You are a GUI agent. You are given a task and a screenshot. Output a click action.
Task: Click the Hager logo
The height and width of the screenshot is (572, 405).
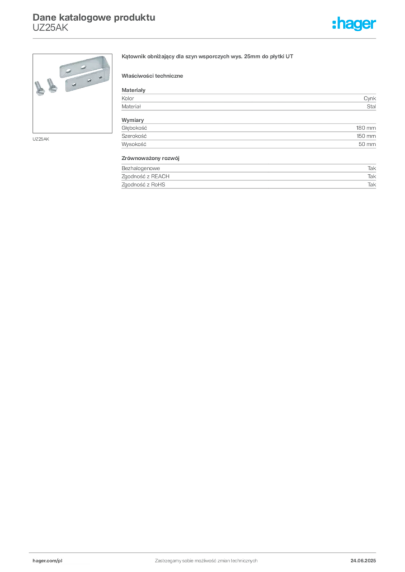[354, 24]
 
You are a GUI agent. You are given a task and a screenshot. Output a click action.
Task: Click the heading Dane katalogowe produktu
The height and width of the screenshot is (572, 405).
[94, 17]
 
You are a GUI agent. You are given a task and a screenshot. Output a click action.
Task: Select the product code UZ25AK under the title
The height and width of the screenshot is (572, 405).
[50, 28]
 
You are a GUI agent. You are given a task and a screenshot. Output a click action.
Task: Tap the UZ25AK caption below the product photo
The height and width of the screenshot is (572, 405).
[41, 139]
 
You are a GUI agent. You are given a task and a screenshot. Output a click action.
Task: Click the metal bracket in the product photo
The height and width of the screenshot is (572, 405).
[86, 73]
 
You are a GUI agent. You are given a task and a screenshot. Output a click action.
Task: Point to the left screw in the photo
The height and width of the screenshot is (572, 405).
[39, 88]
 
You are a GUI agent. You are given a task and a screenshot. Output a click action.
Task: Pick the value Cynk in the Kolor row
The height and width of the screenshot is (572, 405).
[370, 98]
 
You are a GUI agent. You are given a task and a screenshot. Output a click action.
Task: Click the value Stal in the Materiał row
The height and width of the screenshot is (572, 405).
[371, 107]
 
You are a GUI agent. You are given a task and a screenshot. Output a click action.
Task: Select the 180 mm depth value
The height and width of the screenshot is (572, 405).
[366, 128]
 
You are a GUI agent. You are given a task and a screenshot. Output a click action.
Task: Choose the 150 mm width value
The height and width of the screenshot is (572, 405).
[366, 136]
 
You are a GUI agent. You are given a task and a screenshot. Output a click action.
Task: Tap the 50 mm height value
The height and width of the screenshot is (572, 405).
[367, 144]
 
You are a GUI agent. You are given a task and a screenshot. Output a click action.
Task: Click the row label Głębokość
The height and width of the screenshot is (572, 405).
[134, 128]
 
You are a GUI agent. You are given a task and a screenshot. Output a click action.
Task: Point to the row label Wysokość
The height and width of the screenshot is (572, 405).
[134, 144]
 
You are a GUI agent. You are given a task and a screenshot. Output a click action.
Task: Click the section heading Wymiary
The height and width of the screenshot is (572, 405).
[133, 120]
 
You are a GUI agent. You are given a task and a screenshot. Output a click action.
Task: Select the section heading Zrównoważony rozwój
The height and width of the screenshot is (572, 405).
[150, 158]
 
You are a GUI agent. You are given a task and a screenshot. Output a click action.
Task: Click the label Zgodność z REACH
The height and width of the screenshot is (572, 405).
[145, 177]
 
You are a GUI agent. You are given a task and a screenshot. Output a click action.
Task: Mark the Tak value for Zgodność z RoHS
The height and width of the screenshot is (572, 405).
[372, 184]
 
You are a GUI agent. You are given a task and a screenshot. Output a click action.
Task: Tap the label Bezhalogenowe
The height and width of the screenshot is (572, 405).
[140, 168]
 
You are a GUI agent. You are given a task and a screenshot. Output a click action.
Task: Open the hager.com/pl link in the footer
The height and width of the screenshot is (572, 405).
[48, 561]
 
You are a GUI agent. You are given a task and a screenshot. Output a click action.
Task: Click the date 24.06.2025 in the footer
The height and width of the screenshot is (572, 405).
[363, 561]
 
